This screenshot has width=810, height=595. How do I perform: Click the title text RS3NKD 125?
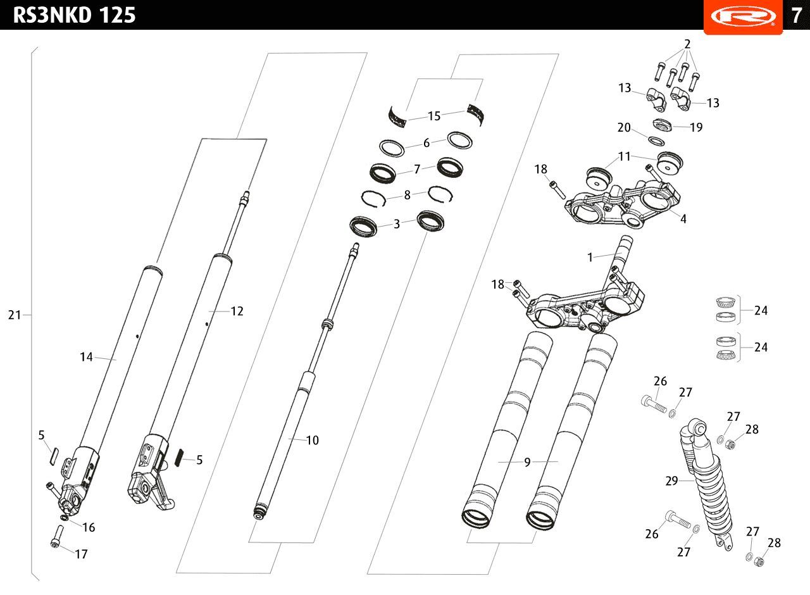(x=74, y=15)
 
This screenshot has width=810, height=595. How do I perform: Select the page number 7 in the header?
(x=795, y=15)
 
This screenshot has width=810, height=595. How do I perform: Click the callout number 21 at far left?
(x=15, y=315)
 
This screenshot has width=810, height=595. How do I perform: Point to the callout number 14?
(x=86, y=357)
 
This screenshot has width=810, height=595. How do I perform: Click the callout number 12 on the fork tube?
(x=237, y=311)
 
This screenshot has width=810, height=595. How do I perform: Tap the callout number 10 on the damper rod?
(x=312, y=440)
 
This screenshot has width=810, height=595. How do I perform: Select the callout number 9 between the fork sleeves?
(x=527, y=462)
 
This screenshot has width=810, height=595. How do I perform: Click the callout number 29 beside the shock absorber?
(x=671, y=481)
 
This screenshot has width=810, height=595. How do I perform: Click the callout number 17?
(x=81, y=554)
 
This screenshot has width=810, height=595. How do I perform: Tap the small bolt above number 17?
(x=56, y=542)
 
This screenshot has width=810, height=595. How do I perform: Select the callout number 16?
(x=88, y=527)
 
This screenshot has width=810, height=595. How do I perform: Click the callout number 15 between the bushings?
(x=433, y=116)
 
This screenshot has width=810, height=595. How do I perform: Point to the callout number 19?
(x=695, y=127)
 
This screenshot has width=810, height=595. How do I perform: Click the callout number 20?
(x=624, y=127)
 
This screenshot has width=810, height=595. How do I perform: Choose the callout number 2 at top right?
(x=687, y=44)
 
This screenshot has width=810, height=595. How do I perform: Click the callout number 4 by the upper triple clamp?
(x=683, y=219)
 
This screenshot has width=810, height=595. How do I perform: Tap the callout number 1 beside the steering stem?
(x=590, y=257)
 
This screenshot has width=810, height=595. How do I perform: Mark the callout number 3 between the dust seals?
(x=397, y=223)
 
